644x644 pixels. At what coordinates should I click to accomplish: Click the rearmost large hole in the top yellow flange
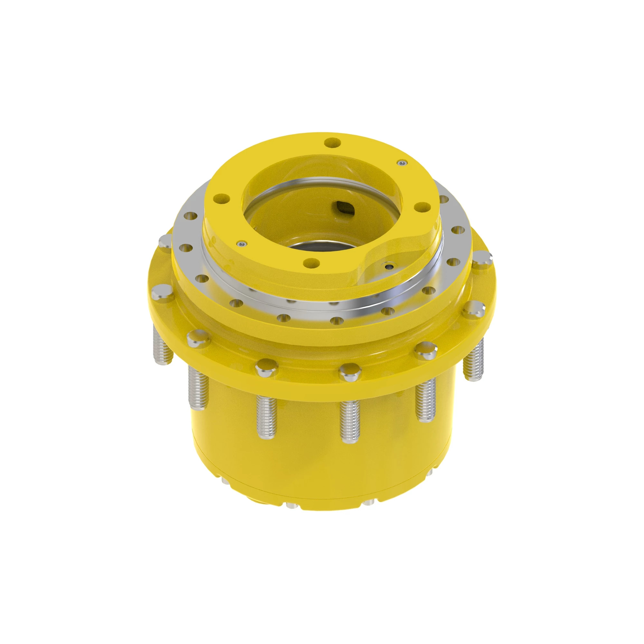tap(332, 143)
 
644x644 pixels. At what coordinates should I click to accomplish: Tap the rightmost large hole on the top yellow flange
tap(423, 206)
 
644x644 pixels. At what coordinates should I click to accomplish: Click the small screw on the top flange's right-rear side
tap(402, 162)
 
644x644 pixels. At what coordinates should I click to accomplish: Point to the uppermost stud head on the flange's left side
tap(164, 240)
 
